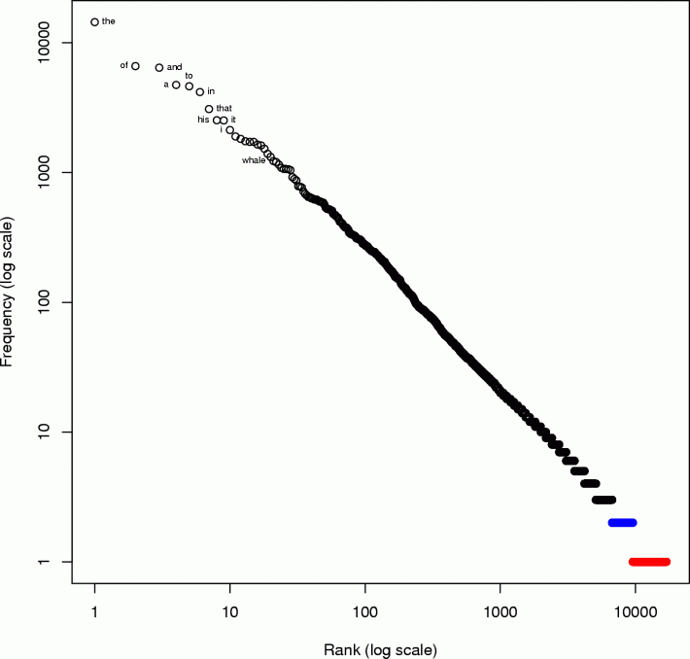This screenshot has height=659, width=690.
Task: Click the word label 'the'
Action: pyautogui.click(x=108, y=20)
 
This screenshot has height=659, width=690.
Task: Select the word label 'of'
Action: pyautogui.click(x=124, y=65)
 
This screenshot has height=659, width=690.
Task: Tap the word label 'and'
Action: pyautogui.click(x=174, y=67)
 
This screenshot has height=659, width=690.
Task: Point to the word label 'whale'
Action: pyautogui.click(x=254, y=159)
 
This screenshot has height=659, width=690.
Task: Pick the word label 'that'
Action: pyautogui.click(x=224, y=107)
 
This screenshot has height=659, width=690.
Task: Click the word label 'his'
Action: pyautogui.click(x=203, y=120)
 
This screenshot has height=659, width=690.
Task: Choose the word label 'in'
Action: pyautogui.click(x=211, y=91)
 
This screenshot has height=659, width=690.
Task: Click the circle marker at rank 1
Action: pyautogui.click(x=94, y=21)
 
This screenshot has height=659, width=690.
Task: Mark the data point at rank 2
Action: pyautogui.click(x=135, y=66)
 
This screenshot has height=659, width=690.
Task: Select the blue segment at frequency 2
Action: pyautogui.click(x=622, y=523)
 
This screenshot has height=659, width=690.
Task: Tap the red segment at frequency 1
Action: pyautogui.click(x=649, y=562)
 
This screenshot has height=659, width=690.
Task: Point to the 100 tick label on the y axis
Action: pyautogui.click(x=57, y=302)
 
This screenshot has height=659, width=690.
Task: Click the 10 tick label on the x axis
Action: pyautogui.click(x=229, y=611)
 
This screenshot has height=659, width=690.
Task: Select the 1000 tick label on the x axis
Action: pyautogui.click(x=500, y=611)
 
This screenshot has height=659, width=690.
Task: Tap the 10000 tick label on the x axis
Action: pyautogui.click(x=635, y=611)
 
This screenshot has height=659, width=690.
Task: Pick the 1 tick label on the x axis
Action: pyautogui.click(x=94, y=611)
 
